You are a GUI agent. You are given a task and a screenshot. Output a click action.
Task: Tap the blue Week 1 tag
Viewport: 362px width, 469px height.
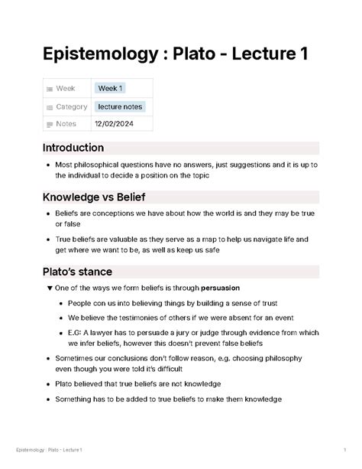click(108, 88)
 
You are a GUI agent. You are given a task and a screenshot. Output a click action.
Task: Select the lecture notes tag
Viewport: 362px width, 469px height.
click(121, 106)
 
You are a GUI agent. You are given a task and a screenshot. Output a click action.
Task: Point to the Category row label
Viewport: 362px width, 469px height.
click(72, 106)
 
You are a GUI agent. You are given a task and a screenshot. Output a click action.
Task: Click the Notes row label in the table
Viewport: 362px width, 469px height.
click(66, 124)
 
